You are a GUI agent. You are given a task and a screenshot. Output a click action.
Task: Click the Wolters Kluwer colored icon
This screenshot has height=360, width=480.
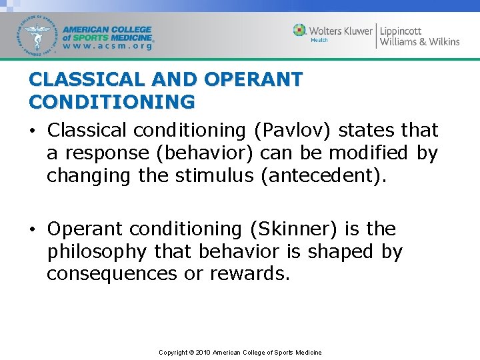(300, 30)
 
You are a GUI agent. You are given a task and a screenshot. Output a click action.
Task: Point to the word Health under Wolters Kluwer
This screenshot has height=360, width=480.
(319, 41)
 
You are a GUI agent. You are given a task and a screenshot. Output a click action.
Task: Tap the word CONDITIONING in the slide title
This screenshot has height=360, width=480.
(112, 102)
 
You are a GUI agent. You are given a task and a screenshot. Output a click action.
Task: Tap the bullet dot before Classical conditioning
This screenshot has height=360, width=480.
(33, 130)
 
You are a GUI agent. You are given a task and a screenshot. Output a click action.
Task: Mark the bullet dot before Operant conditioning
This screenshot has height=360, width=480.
(33, 229)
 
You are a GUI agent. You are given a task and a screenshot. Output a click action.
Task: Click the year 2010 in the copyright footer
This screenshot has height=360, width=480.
(203, 352)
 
